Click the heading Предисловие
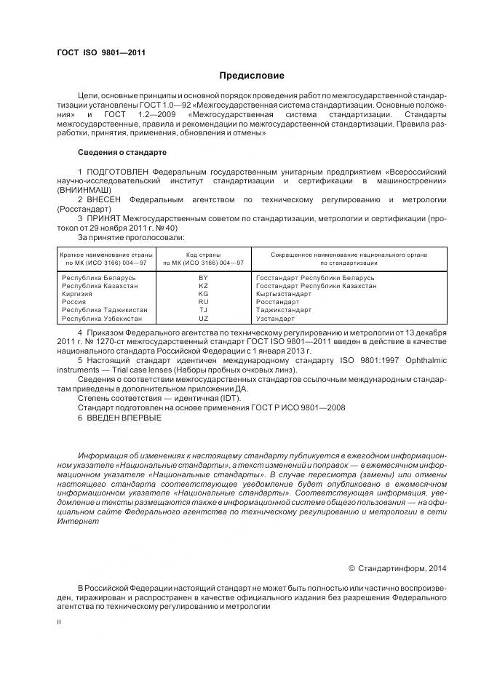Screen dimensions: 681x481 pyautogui.click(x=252, y=76)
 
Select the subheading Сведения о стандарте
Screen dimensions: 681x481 pyautogui.click(x=122, y=153)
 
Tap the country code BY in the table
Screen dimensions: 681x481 pyautogui.click(x=204, y=278)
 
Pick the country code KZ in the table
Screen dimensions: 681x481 pyautogui.click(x=204, y=286)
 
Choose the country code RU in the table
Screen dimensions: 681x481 pyautogui.click(x=204, y=302)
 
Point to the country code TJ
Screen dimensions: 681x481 pyautogui.click(x=204, y=310)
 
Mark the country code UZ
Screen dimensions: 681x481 pyautogui.click(x=204, y=318)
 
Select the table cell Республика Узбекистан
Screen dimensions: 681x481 pyautogui.click(x=105, y=318)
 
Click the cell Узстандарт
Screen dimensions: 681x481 pyautogui.click(x=276, y=318)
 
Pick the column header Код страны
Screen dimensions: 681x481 pyautogui.click(x=204, y=255)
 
